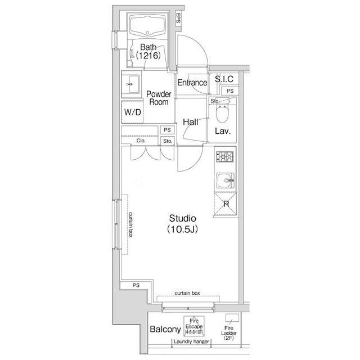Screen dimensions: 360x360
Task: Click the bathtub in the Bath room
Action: click(147, 25)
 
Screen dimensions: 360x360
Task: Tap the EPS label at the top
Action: click(178, 18)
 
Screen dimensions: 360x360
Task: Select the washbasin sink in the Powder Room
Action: click(133, 84)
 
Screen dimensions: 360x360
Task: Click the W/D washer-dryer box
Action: click(133, 112)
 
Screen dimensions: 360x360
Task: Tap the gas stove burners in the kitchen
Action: click(225, 157)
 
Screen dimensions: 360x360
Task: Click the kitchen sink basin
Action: click(226, 181)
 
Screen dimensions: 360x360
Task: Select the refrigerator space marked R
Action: click(226, 204)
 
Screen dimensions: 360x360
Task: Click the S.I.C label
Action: click(224, 79)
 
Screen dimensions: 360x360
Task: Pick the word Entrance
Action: click(192, 83)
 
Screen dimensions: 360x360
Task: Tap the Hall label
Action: click(191, 122)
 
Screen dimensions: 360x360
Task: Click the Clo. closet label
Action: click(141, 141)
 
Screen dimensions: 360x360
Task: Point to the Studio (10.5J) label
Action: click(182, 223)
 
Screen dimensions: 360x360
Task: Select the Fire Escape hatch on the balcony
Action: click(193, 326)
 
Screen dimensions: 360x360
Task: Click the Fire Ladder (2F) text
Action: click(229, 333)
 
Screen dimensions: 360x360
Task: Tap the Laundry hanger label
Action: click(191, 341)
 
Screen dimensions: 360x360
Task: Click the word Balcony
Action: click(165, 329)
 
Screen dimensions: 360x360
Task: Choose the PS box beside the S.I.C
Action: click(230, 91)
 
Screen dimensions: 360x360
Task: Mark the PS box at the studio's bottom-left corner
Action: click(136, 285)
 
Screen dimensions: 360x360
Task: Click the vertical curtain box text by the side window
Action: click(130, 224)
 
